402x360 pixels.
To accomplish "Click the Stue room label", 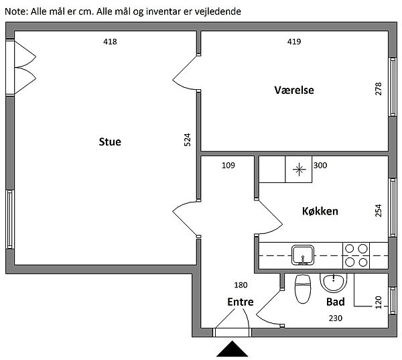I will point(110,141).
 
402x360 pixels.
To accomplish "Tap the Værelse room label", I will point(293,91).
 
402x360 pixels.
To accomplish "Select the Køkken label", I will point(320,211).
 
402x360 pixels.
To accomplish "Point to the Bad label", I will point(335,302).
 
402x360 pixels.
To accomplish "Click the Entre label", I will point(240,302).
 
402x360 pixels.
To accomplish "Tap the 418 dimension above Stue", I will point(110,42).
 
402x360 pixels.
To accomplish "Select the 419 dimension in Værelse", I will point(293,42).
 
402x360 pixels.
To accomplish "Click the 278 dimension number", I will point(379,89).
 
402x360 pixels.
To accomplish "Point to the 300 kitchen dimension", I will point(320,166).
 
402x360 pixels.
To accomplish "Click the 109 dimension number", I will point(228,166).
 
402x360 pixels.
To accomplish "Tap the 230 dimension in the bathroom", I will point(335,318).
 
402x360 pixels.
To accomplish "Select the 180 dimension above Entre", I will point(240,285).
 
